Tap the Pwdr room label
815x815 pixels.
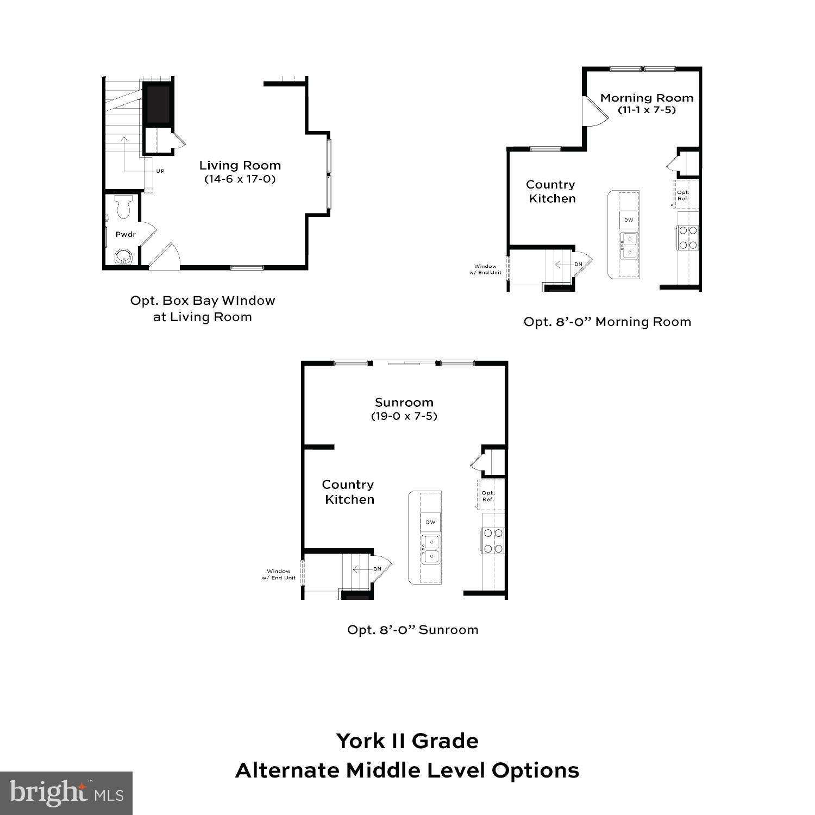(126, 235)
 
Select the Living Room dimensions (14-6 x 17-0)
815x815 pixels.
(240, 179)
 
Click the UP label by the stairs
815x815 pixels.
(160, 171)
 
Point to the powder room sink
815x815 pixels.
(124, 256)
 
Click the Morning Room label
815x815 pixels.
(647, 98)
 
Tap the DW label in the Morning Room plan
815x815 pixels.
(629, 220)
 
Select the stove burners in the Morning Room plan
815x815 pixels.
(688, 237)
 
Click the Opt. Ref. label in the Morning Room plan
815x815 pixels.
(683, 196)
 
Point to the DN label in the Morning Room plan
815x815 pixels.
(578, 264)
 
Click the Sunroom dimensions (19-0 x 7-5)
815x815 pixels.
(404, 416)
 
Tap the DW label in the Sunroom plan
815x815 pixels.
(431, 522)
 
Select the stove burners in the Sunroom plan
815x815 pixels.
(493, 541)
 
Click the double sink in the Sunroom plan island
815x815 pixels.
(431, 549)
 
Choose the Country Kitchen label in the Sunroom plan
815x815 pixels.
(348, 492)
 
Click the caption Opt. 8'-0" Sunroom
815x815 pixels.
(413, 630)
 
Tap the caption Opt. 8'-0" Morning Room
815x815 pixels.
(607, 322)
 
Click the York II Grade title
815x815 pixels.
(407, 741)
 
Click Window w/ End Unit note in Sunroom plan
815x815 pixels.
(279, 574)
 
